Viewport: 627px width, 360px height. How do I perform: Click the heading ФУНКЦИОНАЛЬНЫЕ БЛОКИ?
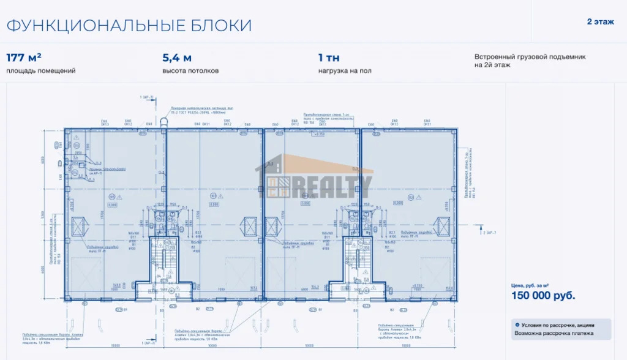pyautogui.click(x=129, y=26)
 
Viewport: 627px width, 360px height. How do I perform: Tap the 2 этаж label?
pyautogui.click(x=600, y=22)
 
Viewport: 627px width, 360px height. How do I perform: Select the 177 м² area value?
pyautogui.click(x=24, y=58)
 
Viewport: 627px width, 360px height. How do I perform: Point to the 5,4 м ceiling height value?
pyautogui.click(x=177, y=58)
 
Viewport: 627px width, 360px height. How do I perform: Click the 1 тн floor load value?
pyautogui.click(x=329, y=58)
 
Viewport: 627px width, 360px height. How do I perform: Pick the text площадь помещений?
pyautogui.click(x=41, y=71)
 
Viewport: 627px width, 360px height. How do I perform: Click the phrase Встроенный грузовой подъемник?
pyautogui.click(x=530, y=56)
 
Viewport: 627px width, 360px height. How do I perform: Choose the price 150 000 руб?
pyautogui.click(x=543, y=296)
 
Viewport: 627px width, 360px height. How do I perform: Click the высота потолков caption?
pyautogui.click(x=190, y=71)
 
